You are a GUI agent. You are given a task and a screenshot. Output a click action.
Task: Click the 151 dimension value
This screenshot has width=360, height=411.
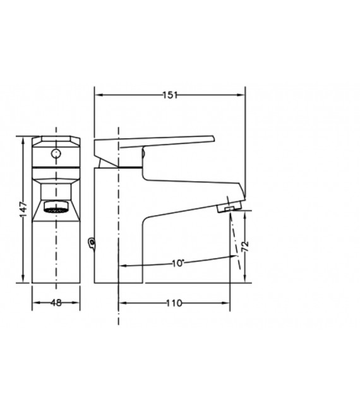point(170,95)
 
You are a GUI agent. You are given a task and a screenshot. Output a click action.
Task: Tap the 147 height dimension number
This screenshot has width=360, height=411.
point(23,209)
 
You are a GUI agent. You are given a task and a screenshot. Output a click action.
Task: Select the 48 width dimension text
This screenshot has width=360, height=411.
point(56,303)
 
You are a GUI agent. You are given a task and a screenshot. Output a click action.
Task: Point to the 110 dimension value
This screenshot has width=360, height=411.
point(174,303)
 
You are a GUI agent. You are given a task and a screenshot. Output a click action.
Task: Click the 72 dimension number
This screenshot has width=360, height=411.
point(245,246)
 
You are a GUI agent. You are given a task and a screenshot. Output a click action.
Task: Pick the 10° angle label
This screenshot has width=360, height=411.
point(178,263)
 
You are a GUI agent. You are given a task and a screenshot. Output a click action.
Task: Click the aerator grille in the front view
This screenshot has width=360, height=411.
point(56,210)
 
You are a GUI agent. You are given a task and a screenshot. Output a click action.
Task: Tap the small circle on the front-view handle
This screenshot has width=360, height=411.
point(56,153)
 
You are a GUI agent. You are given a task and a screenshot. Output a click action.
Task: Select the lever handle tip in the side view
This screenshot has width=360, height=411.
point(213,138)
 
